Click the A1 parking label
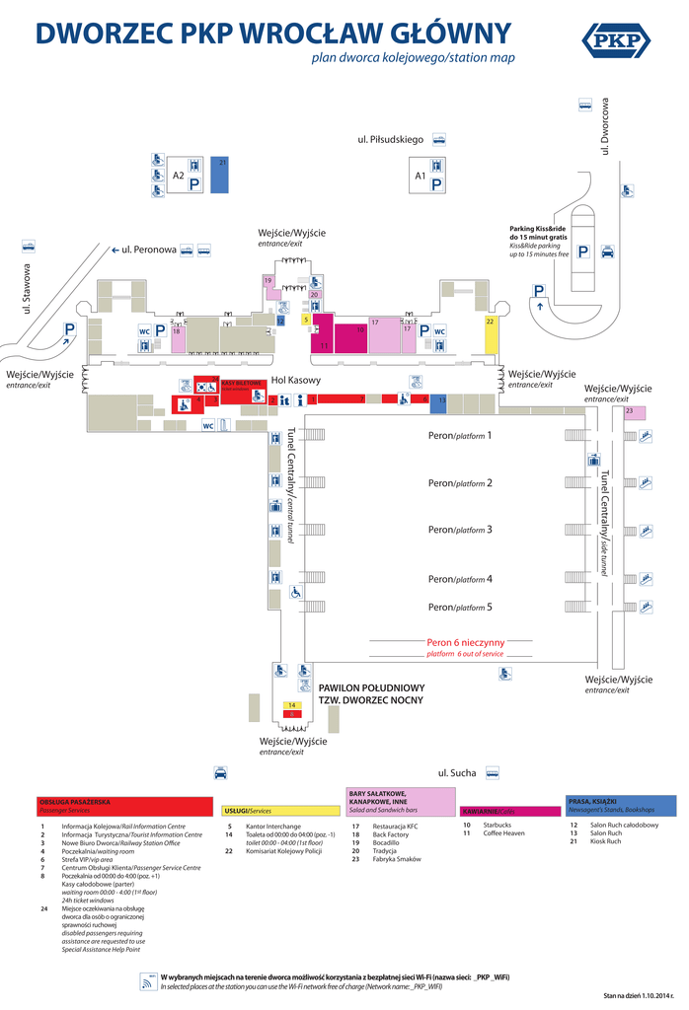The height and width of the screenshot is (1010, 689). [x=420, y=176]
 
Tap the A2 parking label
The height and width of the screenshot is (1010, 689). [x=179, y=176]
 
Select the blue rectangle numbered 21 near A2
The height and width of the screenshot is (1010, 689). [x=222, y=174]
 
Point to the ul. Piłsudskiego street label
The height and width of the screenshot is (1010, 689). [x=391, y=140]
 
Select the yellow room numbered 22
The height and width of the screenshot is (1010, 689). [x=490, y=334]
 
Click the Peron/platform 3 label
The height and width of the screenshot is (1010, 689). [x=459, y=530]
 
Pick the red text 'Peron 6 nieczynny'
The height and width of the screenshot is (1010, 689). [x=465, y=641]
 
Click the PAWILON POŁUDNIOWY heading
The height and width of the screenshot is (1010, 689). [x=371, y=687]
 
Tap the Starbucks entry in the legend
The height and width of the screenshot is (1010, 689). [x=497, y=825]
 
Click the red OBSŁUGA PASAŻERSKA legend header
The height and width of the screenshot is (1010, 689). [x=124, y=806]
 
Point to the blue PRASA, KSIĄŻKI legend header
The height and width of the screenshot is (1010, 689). [x=621, y=804]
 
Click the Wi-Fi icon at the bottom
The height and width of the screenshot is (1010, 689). [x=149, y=980]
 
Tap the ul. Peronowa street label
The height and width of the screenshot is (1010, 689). [x=148, y=251]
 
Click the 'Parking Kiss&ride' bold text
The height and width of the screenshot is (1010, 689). [x=538, y=229]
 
